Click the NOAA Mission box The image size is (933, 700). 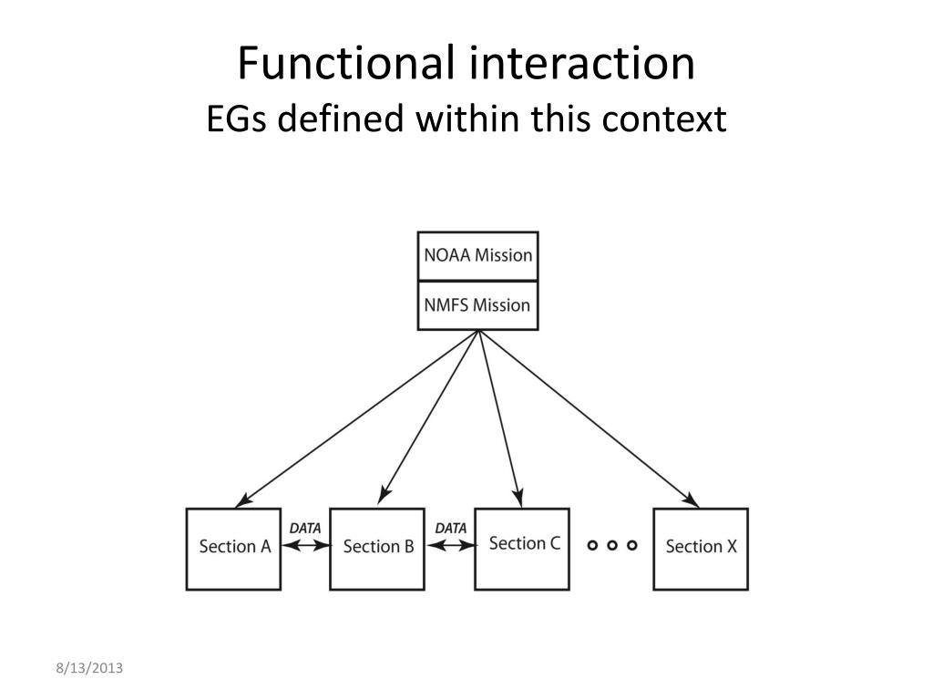coord(477,255)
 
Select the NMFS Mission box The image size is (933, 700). coord(477,305)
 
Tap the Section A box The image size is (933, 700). coord(234,549)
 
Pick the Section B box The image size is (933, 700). coord(377,549)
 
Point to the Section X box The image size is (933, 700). coord(701,549)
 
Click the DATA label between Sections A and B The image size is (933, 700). coord(305,528)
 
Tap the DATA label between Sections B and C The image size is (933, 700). coord(450,528)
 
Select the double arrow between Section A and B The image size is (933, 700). coord(305,546)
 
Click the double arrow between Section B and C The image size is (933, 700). coord(451,546)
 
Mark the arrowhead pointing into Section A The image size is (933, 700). coord(241,501)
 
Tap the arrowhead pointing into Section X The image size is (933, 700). coord(692,501)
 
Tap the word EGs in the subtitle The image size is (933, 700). coord(237,119)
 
